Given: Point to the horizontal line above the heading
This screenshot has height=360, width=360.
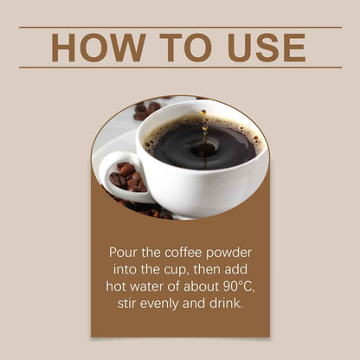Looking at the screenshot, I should [180, 27].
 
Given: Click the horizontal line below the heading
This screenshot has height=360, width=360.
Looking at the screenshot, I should [180, 67].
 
